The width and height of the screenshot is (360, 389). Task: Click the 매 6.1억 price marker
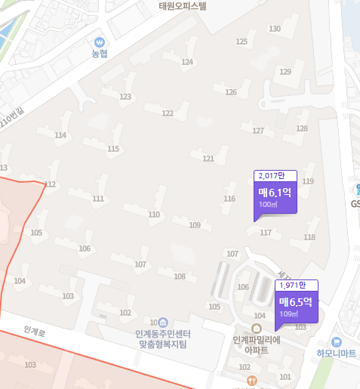point(280,198)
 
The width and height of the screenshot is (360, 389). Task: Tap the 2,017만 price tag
point(274,176)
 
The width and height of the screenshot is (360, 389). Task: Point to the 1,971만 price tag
point(296,286)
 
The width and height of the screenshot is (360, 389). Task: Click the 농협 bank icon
point(100,42)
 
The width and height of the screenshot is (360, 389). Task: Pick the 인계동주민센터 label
point(163,334)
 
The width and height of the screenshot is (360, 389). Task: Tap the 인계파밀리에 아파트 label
point(257,344)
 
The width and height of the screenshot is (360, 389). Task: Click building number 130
point(275,29)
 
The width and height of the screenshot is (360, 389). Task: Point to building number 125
point(242,42)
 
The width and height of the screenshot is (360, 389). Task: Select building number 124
point(187,62)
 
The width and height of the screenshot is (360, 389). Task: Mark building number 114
point(60,135)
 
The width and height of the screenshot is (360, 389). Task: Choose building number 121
point(208,159)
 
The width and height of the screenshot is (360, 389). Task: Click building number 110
point(154,215)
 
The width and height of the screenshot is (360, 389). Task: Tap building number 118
point(309,237)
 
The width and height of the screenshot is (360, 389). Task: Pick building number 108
point(180,276)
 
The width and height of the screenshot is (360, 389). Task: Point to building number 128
point(302,128)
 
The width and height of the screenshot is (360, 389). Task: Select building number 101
point(285,376)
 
